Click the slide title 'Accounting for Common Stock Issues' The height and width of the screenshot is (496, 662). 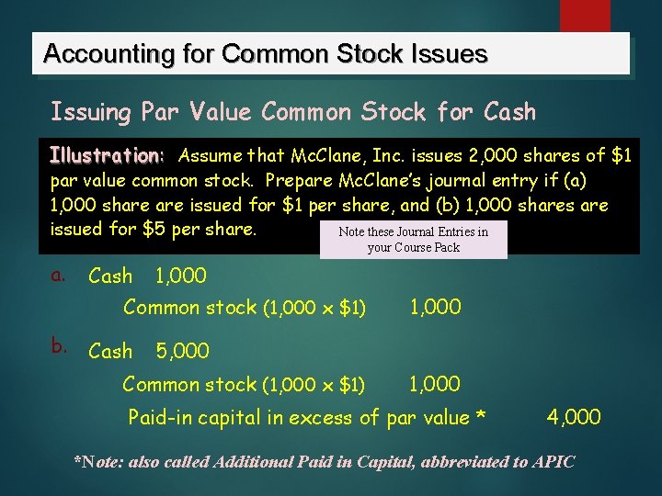click(265, 54)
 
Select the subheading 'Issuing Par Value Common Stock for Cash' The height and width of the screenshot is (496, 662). click(292, 112)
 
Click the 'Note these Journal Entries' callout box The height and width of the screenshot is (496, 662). click(413, 239)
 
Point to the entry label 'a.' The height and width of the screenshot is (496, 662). click(59, 275)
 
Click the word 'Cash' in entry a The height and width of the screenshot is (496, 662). click(110, 276)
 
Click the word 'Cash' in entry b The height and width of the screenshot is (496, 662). click(110, 351)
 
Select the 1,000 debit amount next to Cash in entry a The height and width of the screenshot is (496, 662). click(180, 276)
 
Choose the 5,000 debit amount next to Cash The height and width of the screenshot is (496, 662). click(182, 351)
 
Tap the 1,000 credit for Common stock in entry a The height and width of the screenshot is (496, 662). click(435, 308)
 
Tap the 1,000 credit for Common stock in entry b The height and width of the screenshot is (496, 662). click(435, 384)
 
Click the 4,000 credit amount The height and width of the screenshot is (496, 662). click(574, 418)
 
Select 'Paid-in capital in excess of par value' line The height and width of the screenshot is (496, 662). click(306, 418)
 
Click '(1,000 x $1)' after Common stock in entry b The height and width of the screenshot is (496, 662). click(314, 385)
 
